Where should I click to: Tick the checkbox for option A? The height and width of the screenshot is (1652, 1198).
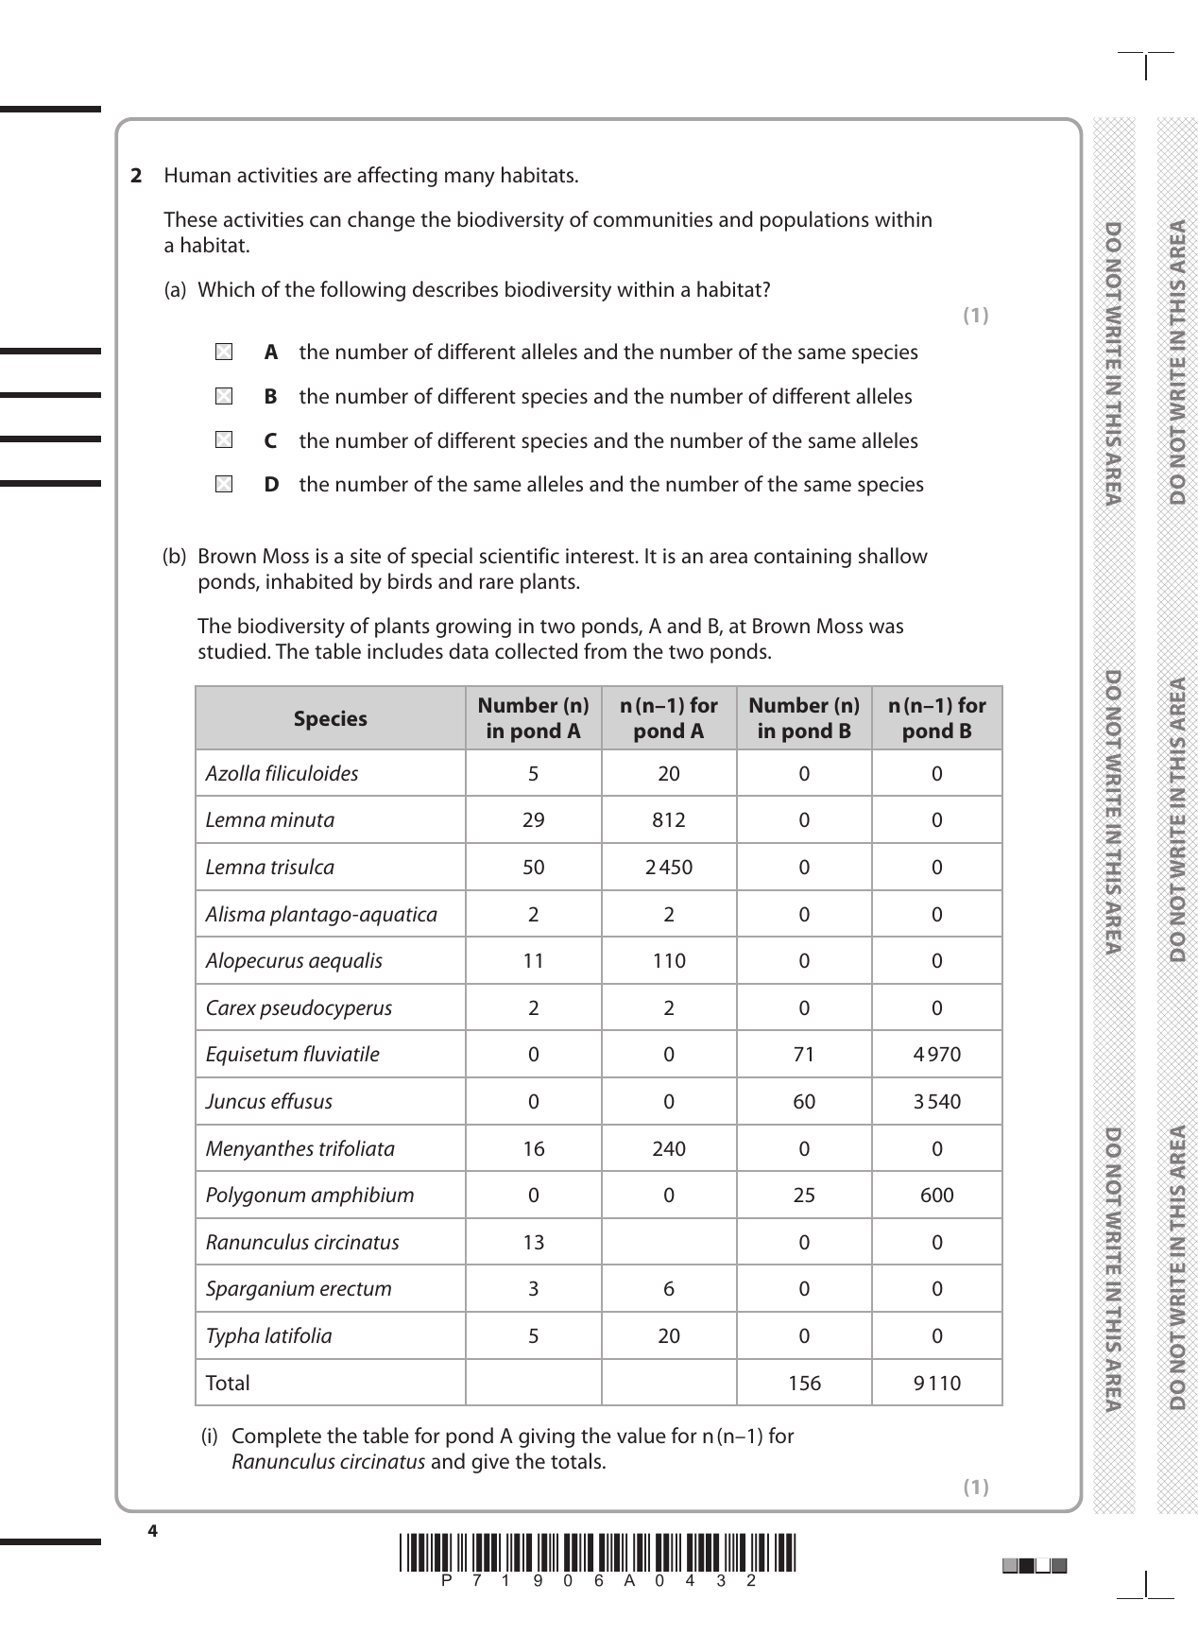coord(223,353)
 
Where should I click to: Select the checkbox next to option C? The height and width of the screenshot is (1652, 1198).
coord(223,440)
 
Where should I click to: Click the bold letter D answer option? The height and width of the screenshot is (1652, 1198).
coord(271,485)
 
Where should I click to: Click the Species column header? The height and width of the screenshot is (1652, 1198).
coord(330,719)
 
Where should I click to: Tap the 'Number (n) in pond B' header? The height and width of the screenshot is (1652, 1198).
coord(804,718)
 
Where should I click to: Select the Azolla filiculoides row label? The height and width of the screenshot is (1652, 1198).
coord(282,774)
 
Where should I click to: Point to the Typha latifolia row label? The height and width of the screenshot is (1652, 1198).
coord(269,1336)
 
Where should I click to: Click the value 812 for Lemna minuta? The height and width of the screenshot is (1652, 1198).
coord(669,820)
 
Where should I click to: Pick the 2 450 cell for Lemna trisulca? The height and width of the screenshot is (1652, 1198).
coord(669,868)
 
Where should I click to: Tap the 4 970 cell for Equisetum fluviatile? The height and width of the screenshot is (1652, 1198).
coord(936,1055)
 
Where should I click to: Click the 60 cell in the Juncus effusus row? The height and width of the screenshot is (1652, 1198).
coord(804,1102)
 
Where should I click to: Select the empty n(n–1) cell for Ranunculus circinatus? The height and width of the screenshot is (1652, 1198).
coord(669,1243)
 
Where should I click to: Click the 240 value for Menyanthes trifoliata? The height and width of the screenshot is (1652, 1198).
coord(669,1149)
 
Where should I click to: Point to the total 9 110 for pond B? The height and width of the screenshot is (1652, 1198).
coord(936,1384)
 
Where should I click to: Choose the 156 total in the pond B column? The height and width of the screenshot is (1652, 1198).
coord(804,1384)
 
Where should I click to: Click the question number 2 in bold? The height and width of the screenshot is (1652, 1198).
coord(136,176)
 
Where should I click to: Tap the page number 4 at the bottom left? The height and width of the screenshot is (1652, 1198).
coord(152,1531)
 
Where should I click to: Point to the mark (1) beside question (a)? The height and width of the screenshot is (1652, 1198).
coord(975,316)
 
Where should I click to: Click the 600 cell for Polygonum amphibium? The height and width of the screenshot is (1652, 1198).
coord(936,1196)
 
